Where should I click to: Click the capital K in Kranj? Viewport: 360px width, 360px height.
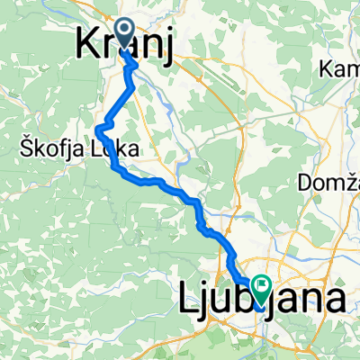[85, 41]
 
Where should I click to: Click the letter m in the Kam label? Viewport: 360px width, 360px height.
[351, 69]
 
